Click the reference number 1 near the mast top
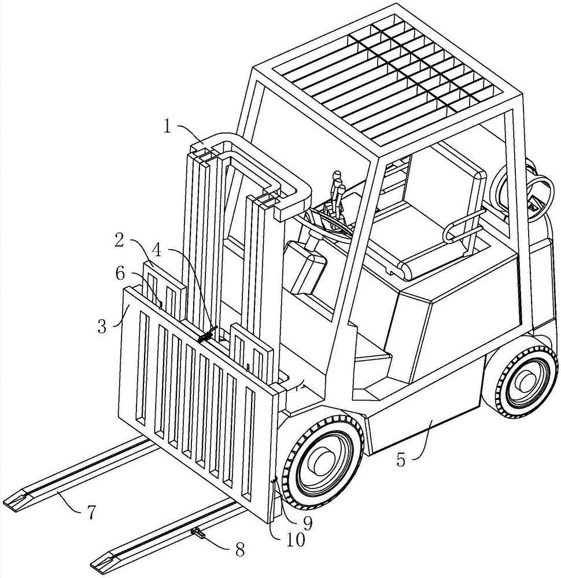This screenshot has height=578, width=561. point(168,128)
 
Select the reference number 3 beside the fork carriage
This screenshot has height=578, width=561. point(102,327)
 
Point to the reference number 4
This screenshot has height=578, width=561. point(157,251)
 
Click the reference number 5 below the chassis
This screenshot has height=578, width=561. point(401,460)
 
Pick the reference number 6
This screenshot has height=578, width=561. point(121,273)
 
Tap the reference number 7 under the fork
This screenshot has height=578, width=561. point(91,512)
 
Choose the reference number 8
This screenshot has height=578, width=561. point(240,550)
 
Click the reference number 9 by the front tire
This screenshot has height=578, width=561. point(307,522)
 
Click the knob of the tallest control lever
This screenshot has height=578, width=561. point(337,175)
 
